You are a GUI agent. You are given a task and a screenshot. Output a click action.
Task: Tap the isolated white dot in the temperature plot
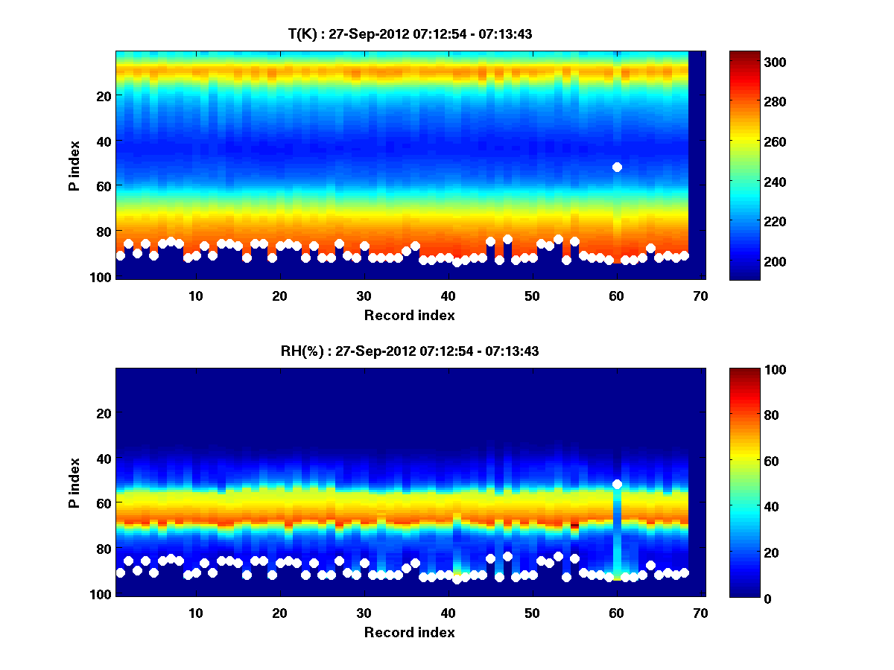[x=617, y=167]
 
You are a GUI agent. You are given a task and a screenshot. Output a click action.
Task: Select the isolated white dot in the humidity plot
[x=617, y=484]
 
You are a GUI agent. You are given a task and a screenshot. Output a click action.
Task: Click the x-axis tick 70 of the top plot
[x=700, y=296]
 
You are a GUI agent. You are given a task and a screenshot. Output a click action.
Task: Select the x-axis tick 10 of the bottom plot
[x=195, y=613]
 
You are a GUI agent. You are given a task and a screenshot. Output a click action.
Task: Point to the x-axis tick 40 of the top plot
[x=448, y=296]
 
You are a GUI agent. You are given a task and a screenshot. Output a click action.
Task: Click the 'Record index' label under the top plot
[x=410, y=316]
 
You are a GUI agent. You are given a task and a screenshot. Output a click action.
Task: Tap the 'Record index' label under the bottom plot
[x=410, y=633]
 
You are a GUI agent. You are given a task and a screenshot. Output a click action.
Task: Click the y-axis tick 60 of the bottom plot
[x=104, y=503]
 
